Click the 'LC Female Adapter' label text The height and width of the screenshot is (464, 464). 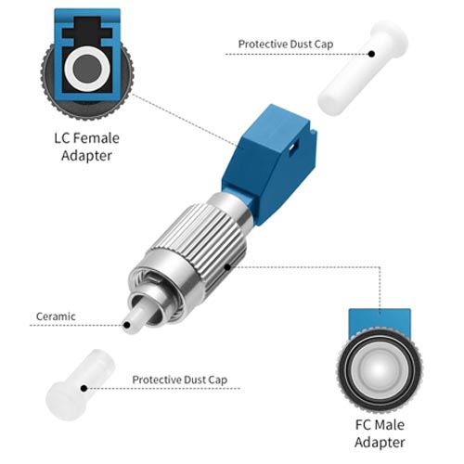point(86,147)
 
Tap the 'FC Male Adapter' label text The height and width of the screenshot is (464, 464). point(380,433)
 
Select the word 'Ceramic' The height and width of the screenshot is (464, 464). point(56,316)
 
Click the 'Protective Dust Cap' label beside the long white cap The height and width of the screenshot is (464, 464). point(286,45)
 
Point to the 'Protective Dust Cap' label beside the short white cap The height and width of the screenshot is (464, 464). point(180,380)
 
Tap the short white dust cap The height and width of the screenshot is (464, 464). point(80,385)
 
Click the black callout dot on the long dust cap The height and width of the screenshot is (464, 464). point(371,54)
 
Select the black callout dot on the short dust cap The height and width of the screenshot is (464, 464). point(84,388)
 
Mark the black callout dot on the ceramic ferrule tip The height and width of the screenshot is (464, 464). point(126,325)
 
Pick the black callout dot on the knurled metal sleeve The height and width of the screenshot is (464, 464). point(227,266)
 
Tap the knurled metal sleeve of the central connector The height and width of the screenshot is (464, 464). point(198,244)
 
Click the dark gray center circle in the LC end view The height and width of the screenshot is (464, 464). point(87,69)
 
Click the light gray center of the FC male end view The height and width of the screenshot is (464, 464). point(380,368)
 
